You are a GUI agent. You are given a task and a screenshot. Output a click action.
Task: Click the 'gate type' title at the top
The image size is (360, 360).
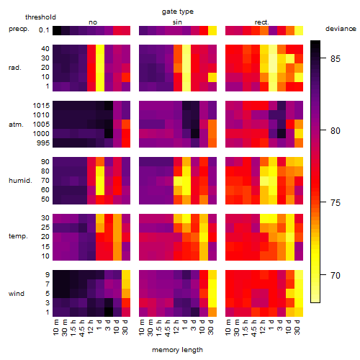pos(178,12)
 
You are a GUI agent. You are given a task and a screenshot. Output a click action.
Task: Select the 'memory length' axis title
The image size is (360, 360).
pos(177,350)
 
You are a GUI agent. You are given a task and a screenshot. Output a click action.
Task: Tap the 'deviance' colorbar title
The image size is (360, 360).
pos(341,29)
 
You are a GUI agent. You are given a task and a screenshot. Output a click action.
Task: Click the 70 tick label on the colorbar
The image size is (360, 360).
pos(336,275)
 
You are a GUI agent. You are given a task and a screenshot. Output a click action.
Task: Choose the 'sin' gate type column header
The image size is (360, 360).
pos(177,22)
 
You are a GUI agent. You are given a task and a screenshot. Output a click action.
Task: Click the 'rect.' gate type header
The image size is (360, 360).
pos(261,22)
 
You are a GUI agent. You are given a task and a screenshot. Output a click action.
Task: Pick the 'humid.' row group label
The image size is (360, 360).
pos(20,181)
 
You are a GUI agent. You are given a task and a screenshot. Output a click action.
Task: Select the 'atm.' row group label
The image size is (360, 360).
pos(16,125)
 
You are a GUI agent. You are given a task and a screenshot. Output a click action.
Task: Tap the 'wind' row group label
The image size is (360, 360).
pos(17,294)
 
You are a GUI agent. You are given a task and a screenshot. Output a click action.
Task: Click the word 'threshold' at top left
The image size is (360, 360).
pos(40,17)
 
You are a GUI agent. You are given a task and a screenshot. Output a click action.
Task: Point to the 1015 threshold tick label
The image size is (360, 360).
pos(41,106)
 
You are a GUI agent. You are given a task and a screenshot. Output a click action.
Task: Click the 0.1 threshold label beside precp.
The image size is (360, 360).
pos(44,30)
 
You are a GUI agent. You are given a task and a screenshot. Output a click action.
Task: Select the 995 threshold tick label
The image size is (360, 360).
pos(43,143)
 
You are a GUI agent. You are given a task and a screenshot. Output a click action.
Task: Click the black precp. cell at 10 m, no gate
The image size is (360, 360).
pos(57,30)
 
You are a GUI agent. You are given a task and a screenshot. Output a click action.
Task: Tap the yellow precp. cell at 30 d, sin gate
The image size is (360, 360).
pos(212,30)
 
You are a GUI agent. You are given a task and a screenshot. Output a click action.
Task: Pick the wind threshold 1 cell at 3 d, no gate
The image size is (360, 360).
pos(109,312)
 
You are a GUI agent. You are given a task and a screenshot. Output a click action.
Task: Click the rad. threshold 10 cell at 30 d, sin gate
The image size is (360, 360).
pos(212,77)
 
